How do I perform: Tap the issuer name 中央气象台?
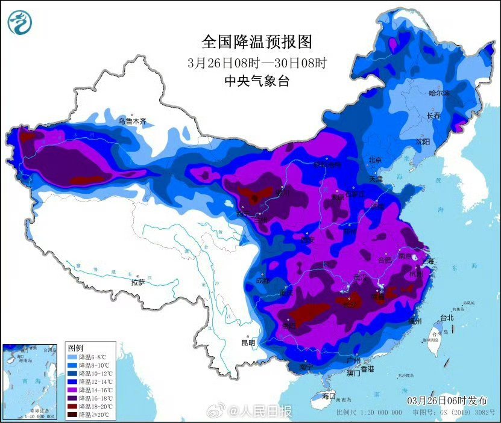[257, 81]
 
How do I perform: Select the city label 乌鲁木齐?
[132, 121]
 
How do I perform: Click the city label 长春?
[434, 116]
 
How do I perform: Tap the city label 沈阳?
[423, 141]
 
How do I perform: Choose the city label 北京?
[376, 159]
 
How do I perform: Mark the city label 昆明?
[248, 342]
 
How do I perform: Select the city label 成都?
[262, 280]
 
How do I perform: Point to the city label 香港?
[367, 368]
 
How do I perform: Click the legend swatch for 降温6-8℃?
[74, 357]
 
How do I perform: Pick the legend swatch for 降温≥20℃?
[74, 415]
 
